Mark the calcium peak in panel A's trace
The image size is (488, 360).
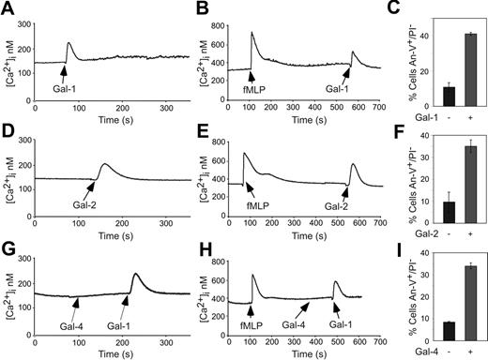tap(69, 42)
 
